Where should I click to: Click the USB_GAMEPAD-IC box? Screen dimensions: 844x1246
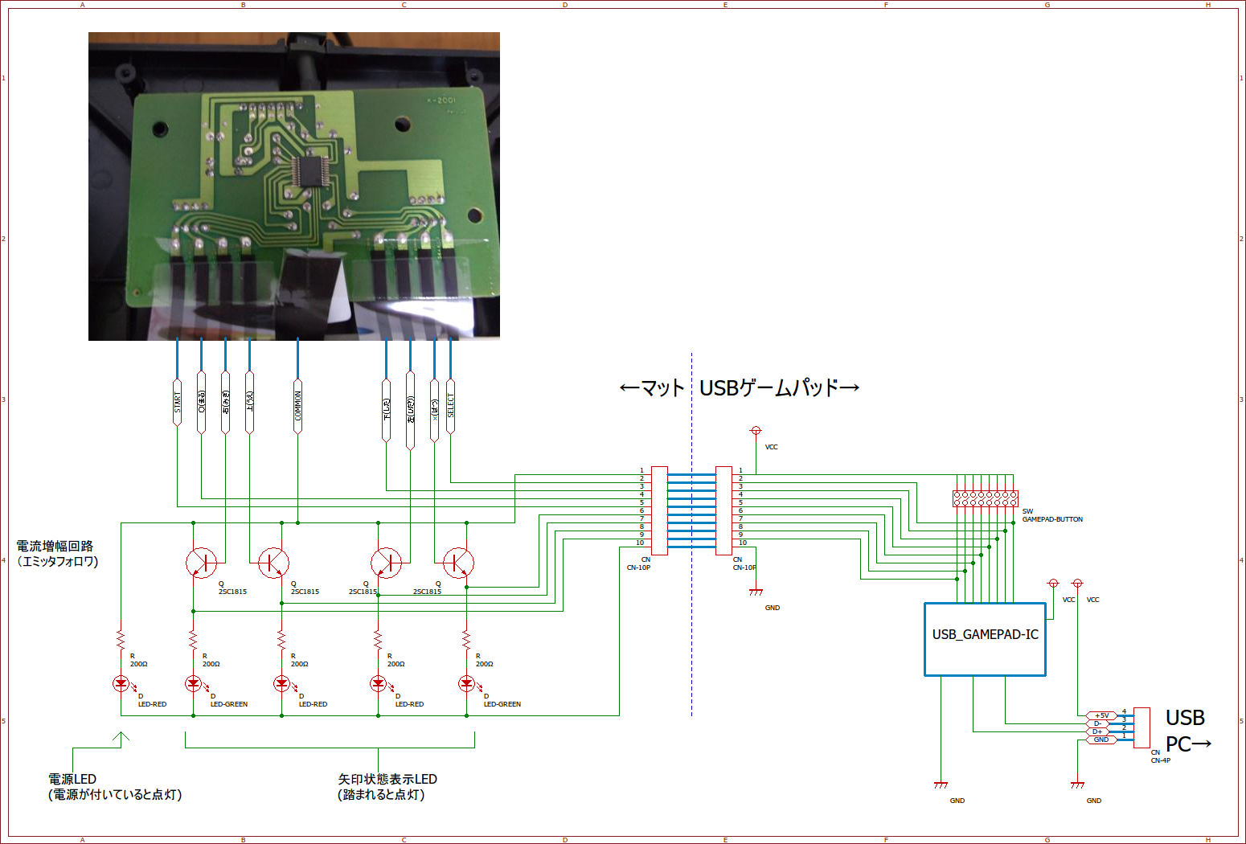[985, 639]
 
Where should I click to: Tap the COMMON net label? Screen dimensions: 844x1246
[297, 406]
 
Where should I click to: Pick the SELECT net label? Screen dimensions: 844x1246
[450, 406]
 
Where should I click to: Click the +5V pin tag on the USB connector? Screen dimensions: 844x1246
[1101, 715]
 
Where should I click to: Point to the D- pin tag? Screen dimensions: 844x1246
[1098, 723]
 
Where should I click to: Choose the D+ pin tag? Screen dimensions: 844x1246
[1098, 731]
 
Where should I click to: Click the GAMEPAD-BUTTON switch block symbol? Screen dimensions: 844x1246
[985, 498]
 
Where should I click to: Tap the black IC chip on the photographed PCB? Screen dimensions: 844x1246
[306, 171]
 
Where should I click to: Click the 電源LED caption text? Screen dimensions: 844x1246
[72, 779]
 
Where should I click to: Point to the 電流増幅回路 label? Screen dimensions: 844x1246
[55, 546]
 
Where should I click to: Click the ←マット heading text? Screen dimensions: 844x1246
[652, 388]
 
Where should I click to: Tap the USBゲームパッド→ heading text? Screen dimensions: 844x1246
[779, 388]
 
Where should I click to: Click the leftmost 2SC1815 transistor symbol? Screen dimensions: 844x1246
[201, 563]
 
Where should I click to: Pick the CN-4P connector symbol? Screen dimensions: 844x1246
[1141, 727]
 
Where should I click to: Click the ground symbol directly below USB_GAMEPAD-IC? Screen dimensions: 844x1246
[941, 785]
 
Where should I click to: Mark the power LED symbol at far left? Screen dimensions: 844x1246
[121, 683]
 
